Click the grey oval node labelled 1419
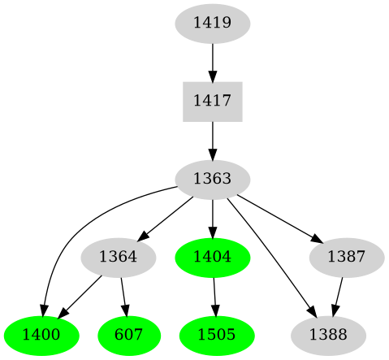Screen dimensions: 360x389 coord(212,24)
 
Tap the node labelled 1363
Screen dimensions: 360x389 coord(212,178)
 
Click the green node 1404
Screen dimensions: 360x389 coord(212,257)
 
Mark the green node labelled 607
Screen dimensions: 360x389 coord(127,334)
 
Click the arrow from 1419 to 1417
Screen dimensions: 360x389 coord(212,62)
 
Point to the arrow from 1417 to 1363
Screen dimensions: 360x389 coord(212,139)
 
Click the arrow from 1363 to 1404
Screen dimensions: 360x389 coord(212,217)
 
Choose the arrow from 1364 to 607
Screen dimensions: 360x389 coord(123,295)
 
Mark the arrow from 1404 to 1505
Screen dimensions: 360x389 coord(214,295)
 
